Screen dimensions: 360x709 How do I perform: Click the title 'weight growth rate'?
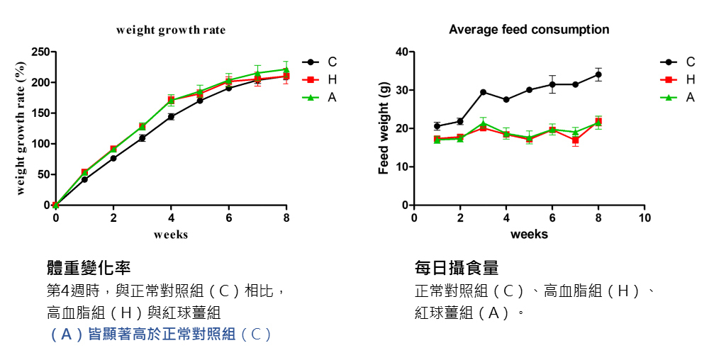[171, 30]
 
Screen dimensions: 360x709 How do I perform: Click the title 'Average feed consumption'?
[529, 30]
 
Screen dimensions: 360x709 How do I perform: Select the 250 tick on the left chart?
[40, 52]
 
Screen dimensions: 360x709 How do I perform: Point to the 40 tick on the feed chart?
[401, 52]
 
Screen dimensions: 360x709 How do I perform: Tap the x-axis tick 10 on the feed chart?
[644, 217]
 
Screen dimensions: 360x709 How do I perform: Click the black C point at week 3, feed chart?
[483, 92]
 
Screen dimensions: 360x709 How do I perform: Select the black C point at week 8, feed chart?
[598, 74]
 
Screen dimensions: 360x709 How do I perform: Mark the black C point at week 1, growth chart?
[84, 179]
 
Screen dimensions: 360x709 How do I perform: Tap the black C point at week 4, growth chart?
[171, 116]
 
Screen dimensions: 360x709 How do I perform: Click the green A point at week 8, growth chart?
[286, 69]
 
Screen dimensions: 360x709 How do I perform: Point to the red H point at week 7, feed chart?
[575, 140]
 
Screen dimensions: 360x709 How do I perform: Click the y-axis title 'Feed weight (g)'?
[384, 128]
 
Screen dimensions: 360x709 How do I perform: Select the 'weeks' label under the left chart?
[171, 235]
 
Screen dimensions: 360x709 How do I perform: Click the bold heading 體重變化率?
[89, 268]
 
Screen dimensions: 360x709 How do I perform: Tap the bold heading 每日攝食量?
[457, 268]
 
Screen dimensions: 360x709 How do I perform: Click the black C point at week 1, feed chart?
[437, 126]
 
